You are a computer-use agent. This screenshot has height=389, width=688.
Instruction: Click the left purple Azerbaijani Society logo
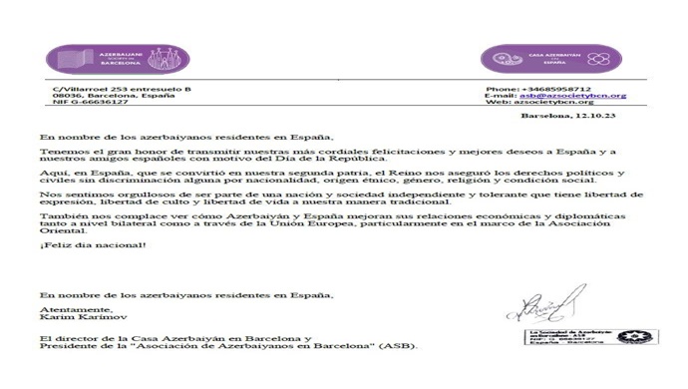pos(110,59)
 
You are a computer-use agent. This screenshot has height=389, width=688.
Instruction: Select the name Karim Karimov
pos(67,318)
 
